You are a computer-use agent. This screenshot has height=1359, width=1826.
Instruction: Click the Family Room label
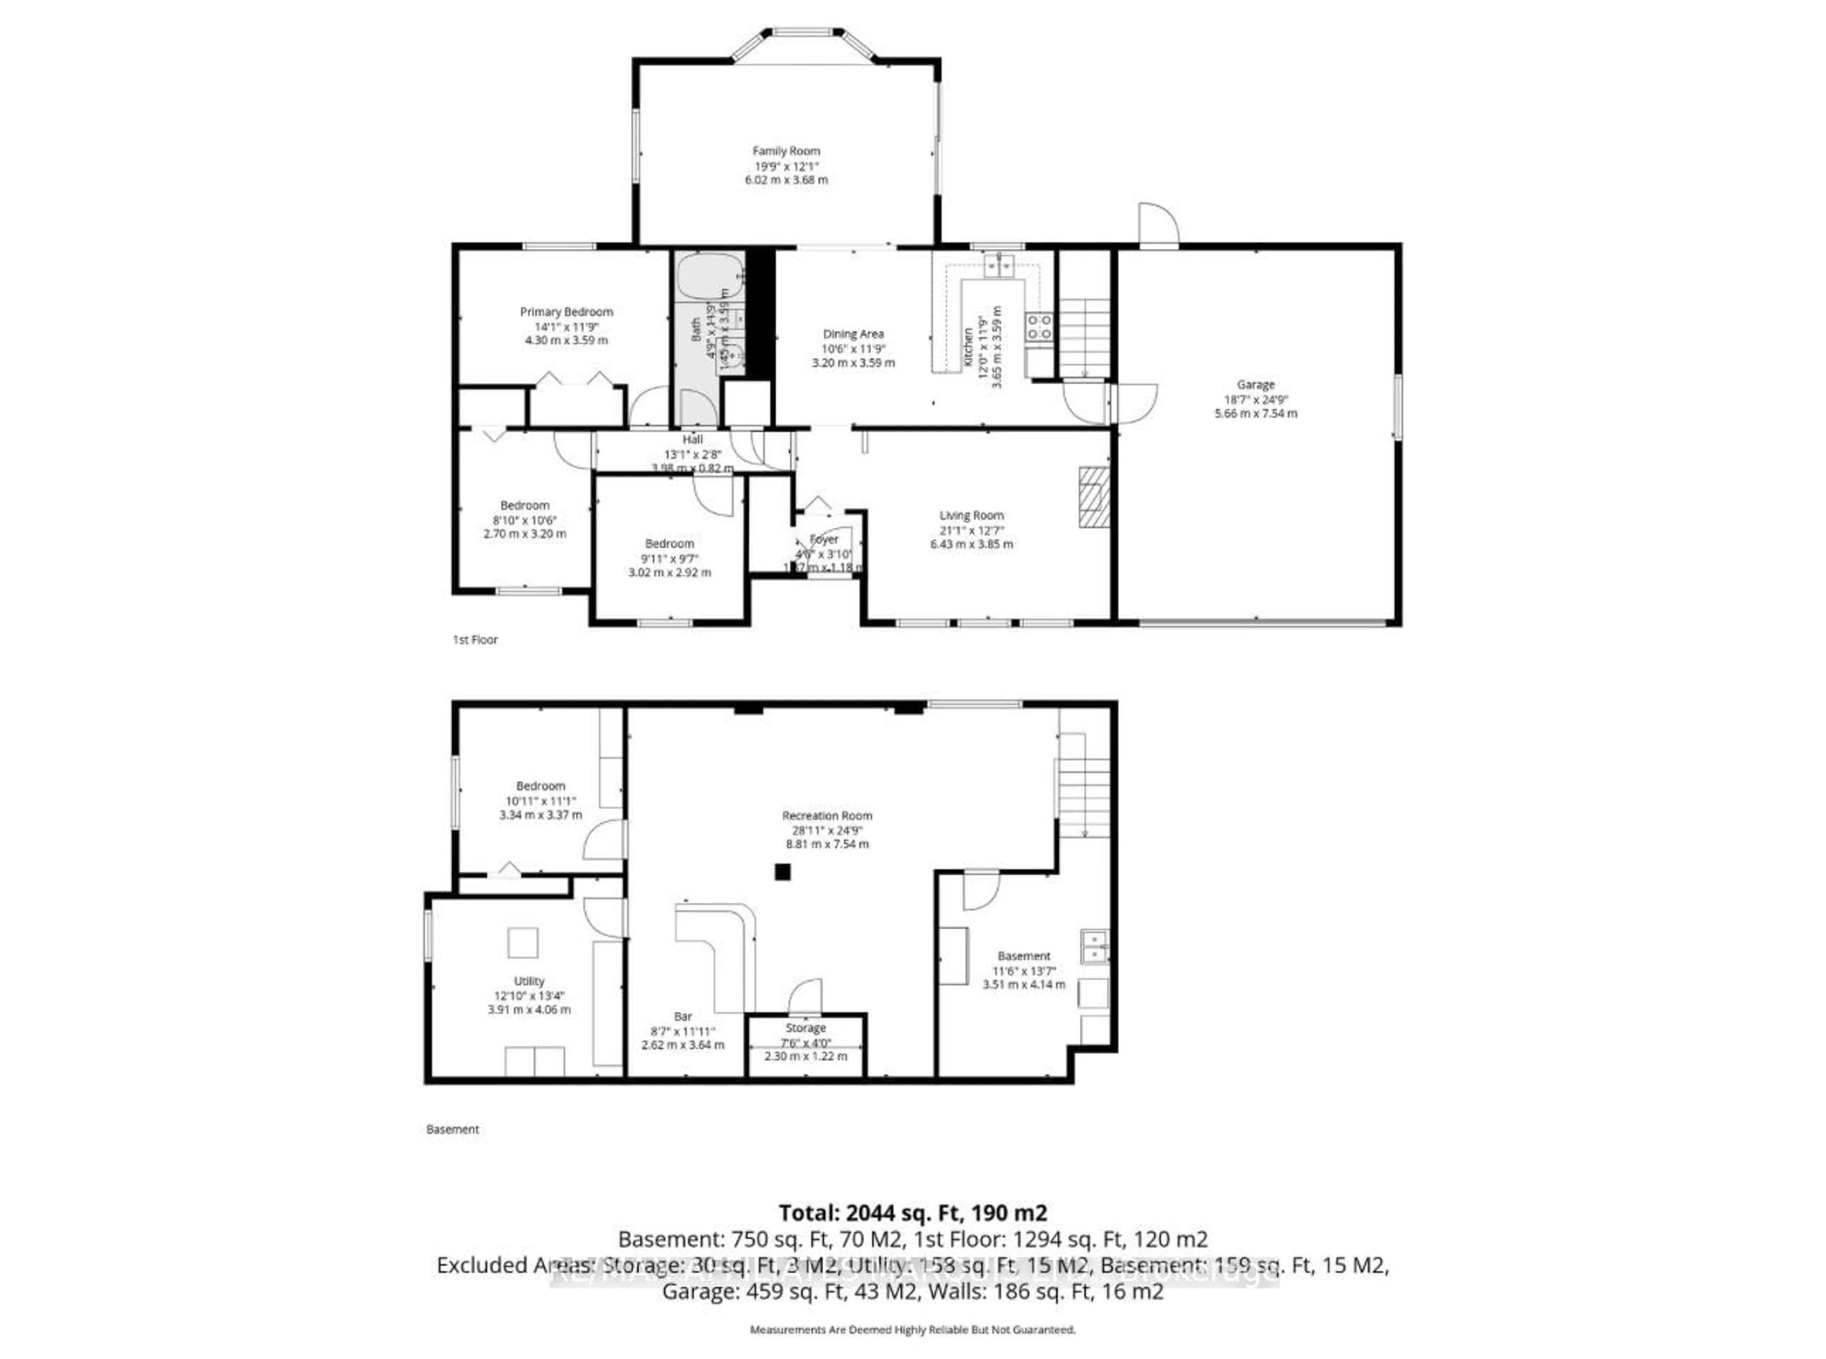786,151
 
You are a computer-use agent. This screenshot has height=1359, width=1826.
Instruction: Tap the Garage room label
1255,384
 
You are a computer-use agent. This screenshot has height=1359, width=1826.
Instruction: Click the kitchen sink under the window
1000,266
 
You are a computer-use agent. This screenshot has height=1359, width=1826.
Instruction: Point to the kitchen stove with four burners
1038,327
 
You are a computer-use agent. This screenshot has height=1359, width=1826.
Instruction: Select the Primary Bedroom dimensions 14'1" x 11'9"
566,326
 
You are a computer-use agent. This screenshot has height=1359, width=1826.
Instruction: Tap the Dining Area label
853,334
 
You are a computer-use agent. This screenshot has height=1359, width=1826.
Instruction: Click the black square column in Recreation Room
782,871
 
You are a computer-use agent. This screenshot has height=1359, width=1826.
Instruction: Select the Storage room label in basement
805,1029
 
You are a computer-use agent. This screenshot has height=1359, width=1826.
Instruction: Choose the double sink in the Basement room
1094,946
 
